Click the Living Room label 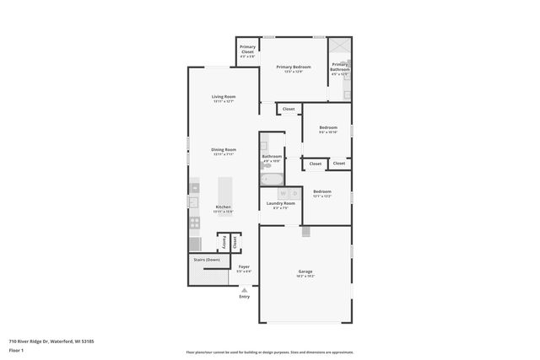point(224,97)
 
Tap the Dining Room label point(224,150)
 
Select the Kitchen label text point(224,207)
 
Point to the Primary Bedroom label point(294,67)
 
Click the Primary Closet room point(247,50)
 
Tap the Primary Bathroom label point(340,67)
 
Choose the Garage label point(305,271)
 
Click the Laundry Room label point(280,203)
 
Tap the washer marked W point(273,193)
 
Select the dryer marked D point(284,193)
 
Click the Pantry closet point(223,241)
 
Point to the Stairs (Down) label point(207,260)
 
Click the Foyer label point(244,267)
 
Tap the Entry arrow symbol point(245,289)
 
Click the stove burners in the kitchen point(194,223)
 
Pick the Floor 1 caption point(17,349)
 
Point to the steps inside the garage point(307,230)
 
